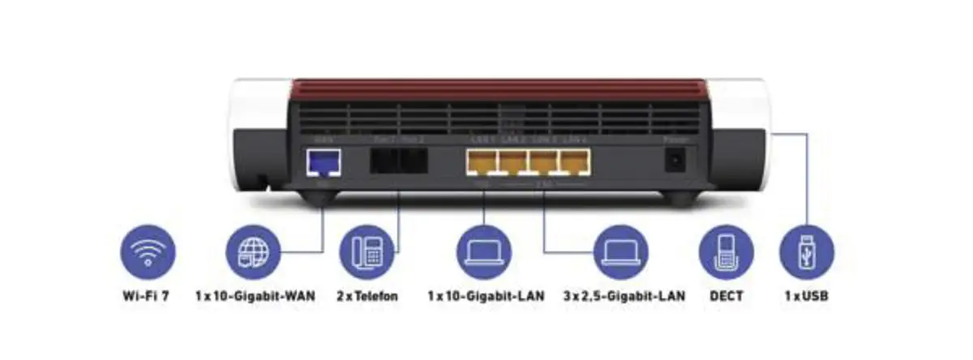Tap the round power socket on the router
pyautogui.click(x=672, y=163)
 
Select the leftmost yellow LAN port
pyautogui.click(x=481, y=165)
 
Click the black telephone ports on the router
pyautogui.click(x=398, y=162)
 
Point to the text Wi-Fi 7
pyautogui.click(x=147, y=296)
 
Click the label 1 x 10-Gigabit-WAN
pyautogui.click(x=255, y=296)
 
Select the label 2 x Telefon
pyautogui.click(x=366, y=296)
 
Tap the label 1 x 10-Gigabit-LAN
pyautogui.click(x=485, y=296)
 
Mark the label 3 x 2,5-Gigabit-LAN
pyautogui.click(x=623, y=296)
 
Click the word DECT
pyautogui.click(x=725, y=296)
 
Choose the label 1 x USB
pyautogui.click(x=806, y=296)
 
